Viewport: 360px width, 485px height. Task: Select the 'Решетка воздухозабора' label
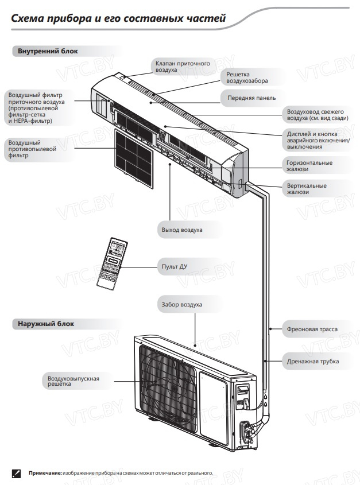point(251,77)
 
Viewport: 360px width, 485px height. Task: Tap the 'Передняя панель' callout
point(251,98)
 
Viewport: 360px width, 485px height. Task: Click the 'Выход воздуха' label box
point(181,230)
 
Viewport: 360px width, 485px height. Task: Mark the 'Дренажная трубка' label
point(313,361)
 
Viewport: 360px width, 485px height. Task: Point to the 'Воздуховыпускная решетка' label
point(74,380)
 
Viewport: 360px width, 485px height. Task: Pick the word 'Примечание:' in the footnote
point(45,472)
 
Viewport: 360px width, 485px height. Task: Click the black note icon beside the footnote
point(16,472)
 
